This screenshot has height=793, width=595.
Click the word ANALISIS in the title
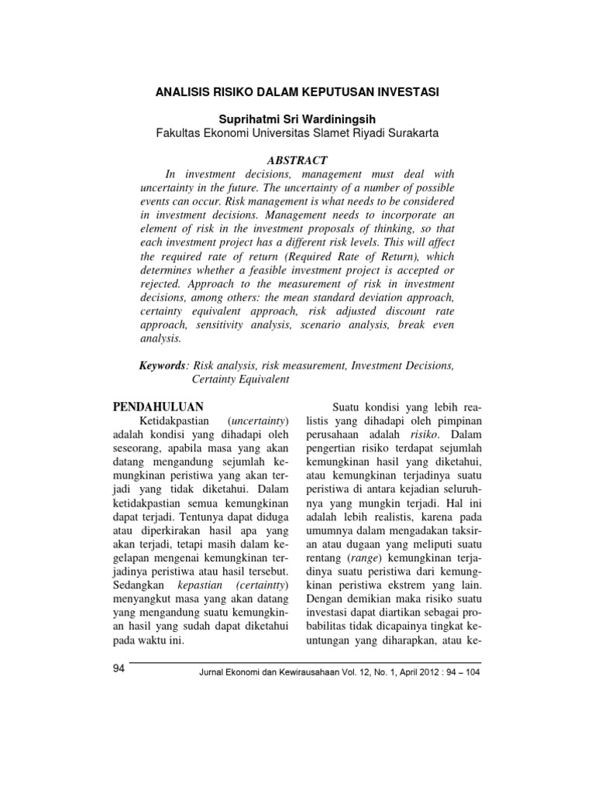(184, 92)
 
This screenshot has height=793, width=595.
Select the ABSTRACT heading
(297, 160)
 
